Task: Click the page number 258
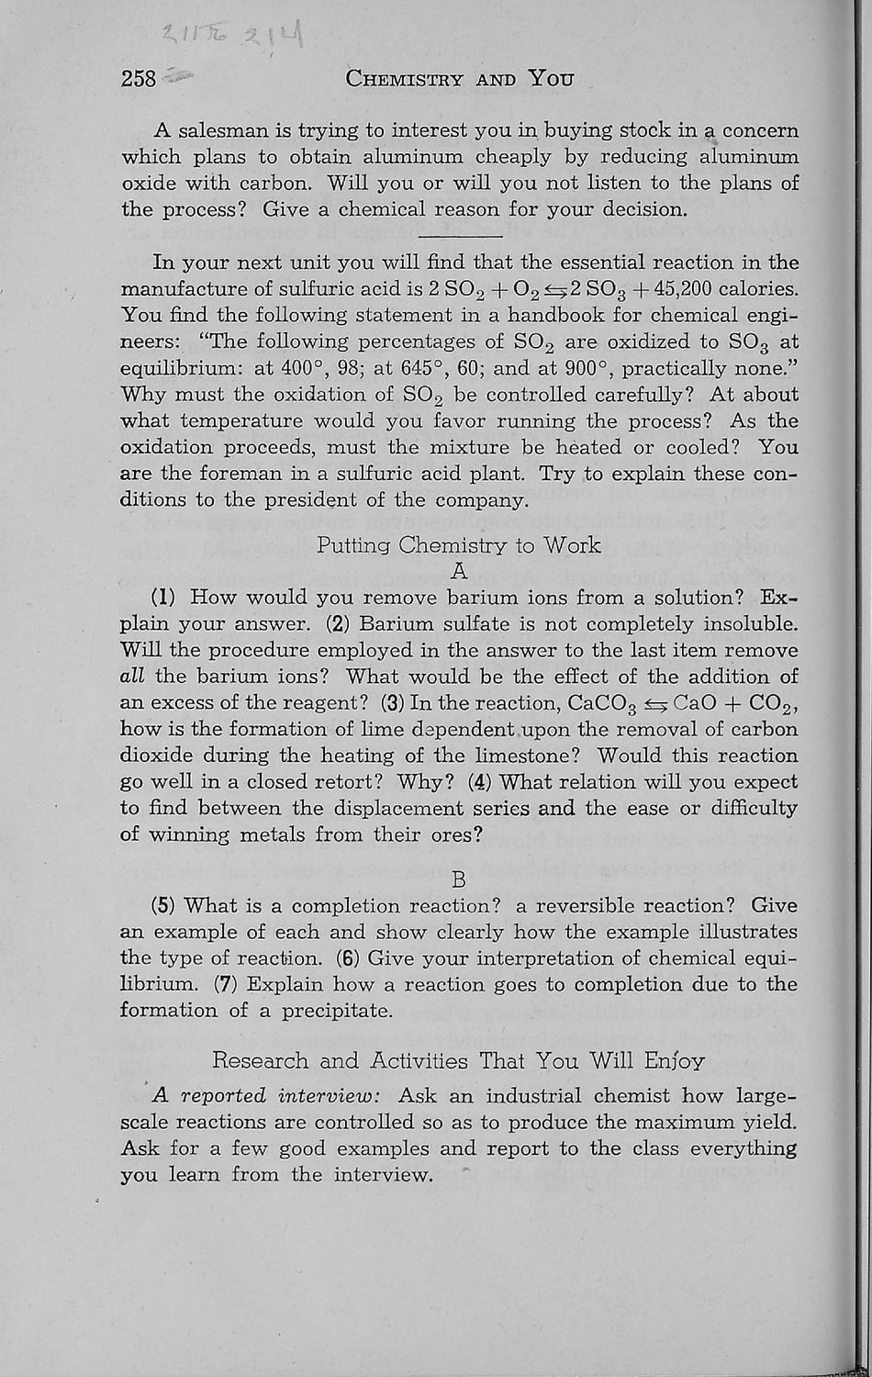tap(140, 78)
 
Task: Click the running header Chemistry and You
tap(460, 78)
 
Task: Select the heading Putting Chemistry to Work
tap(459, 545)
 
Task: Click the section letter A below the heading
tap(460, 571)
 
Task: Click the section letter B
tap(460, 879)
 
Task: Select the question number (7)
tap(226, 985)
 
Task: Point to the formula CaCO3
tap(605, 704)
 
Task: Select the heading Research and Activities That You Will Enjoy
tap(459, 1061)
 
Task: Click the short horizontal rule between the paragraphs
tap(460, 237)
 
